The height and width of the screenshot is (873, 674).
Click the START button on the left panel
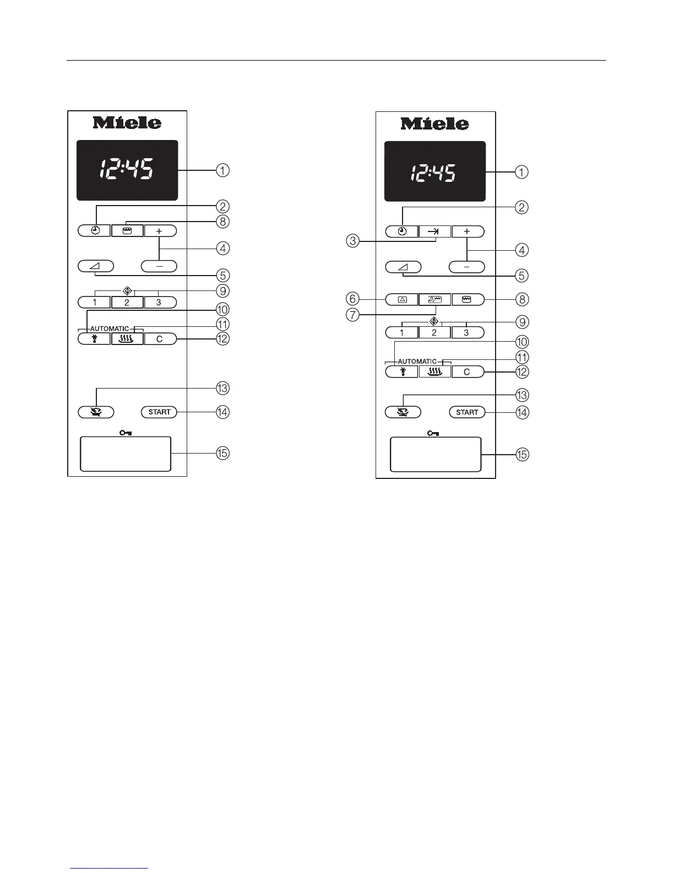(159, 412)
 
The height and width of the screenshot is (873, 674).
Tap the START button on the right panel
(467, 412)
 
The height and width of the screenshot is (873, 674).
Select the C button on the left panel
(160, 339)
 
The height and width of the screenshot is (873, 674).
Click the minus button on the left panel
(159, 266)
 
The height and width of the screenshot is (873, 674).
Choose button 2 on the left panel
(127, 303)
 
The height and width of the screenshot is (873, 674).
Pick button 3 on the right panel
(467, 333)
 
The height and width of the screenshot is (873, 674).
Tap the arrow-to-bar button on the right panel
(434, 232)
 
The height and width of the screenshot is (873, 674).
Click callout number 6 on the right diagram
(352, 299)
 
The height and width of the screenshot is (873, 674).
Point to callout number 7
(352, 315)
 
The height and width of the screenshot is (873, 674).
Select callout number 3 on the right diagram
(352, 241)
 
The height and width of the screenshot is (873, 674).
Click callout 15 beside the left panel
(222, 453)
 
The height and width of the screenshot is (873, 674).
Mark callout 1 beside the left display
(222, 170)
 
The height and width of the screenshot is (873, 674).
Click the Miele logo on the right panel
(435, 123)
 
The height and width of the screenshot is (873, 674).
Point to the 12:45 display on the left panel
(127, 169)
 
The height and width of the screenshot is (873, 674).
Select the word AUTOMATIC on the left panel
(110, 329)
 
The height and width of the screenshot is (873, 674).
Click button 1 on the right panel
(401, 333)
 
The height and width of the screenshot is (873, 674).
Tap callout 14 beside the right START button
(521, 412)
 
